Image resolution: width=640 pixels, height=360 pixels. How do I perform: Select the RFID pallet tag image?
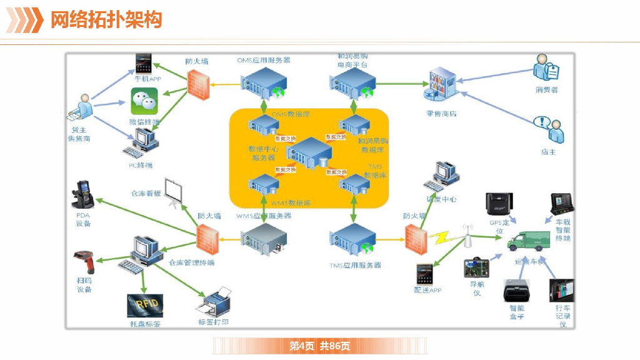pyautogui.click(x=145, y=306)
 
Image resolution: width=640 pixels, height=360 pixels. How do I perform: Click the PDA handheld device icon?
pyautogui.click(x=84, y=194)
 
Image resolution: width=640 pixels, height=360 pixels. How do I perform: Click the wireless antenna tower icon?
pyautogui.click(x=466, y=236)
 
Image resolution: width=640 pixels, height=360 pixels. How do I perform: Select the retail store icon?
pyautogui.click(x=441, y=87)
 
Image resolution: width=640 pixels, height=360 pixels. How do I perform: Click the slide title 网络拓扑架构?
pyautogui.click(x=106, y=20)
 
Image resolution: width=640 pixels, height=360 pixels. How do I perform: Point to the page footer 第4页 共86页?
pyautogui.click(x=319, y=346)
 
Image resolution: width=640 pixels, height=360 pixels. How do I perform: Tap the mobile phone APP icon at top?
pyautogui.click(x=144, y=64)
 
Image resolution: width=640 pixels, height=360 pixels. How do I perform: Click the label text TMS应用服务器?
pyautogui.click(x=355, y=265)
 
